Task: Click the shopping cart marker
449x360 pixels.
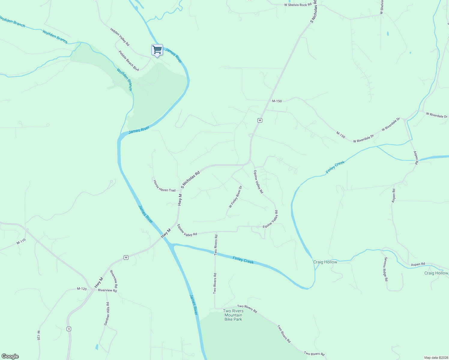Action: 157,50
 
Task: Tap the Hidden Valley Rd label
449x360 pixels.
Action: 120,37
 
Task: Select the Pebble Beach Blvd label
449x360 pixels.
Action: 129,61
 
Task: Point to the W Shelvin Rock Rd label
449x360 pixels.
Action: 297,5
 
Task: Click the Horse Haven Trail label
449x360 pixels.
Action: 164,186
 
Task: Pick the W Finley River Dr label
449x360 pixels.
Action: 235,197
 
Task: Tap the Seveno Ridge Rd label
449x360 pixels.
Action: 386,269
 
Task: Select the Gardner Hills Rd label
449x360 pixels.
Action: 107,314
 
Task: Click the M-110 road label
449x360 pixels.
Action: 21,241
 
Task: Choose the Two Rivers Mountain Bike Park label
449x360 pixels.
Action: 233,315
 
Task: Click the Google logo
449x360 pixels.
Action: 10,356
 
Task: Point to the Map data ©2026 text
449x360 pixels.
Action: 435,358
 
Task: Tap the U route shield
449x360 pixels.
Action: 69,329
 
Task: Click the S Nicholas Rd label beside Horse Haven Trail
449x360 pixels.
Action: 190,180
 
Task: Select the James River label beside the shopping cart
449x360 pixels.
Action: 173,55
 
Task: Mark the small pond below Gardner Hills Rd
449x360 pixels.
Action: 97,347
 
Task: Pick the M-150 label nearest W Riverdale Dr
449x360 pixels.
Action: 341,135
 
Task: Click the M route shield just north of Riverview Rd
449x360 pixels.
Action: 126,257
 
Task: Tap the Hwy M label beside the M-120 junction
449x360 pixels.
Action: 99,283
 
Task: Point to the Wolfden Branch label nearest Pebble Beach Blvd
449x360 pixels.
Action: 124,80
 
